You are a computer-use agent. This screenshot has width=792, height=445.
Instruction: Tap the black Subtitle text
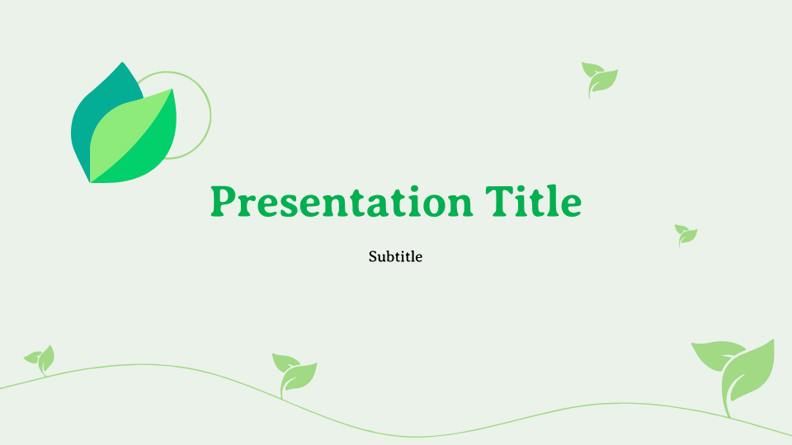[395, 256]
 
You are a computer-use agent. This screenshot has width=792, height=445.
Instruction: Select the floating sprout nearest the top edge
[599, 78]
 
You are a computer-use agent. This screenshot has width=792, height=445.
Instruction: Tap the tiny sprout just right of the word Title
[686, 235]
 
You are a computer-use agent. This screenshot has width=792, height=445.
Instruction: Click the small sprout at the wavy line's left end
[40, 358]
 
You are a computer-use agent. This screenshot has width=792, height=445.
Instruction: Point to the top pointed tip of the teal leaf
[123, 63]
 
